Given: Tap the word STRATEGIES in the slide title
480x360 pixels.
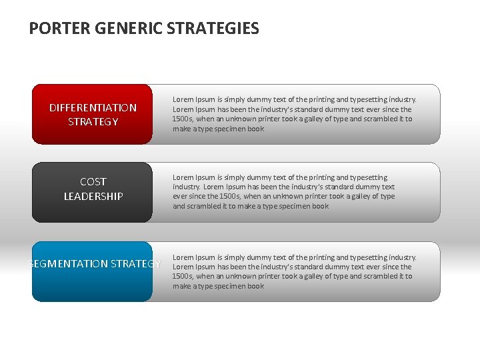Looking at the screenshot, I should coord(213,29).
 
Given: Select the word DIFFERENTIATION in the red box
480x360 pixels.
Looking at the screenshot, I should coord(93,107).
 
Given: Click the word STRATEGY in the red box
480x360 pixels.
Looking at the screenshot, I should coord(93,122).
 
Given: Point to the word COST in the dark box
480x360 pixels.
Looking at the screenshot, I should coord(93,181).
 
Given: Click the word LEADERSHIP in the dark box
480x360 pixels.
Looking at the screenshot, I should coord(93,196).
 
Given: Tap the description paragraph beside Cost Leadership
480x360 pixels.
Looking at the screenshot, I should coord(284,191).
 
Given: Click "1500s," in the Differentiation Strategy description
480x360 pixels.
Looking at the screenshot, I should coord(183,119).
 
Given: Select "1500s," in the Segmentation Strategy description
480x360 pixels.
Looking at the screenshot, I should coord(183,277).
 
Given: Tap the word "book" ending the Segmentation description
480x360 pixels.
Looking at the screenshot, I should coord(255,287).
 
